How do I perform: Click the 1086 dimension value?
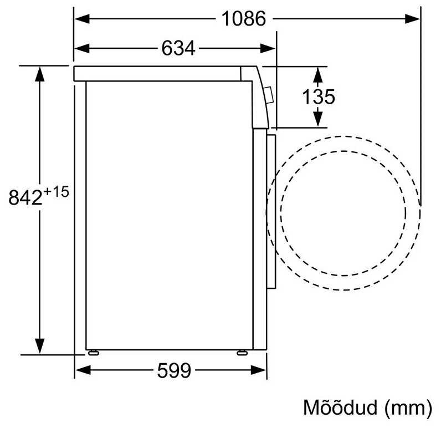[244, 19]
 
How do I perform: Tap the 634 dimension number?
[178, 48]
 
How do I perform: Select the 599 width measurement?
[174, 370]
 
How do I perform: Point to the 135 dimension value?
[319, 97]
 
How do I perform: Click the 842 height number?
[25, 197]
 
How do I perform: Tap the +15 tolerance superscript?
[57, 192]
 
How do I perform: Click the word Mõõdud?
[340, 407]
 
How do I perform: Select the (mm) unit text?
[408, 408]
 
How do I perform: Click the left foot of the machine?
[93, 353]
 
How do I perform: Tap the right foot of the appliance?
[242, 353]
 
